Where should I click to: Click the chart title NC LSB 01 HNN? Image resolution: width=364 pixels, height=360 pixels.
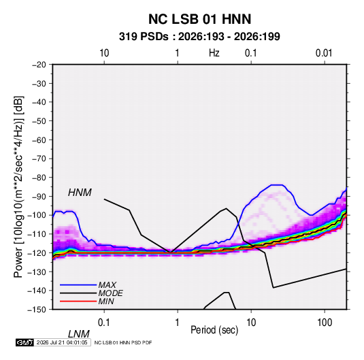(x=199, y=19)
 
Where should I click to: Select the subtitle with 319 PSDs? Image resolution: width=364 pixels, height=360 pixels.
(x=199, y=37)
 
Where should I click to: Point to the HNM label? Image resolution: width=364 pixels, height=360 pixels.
(x=80, y=193)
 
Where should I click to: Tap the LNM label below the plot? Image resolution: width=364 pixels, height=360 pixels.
(x=78, y=334)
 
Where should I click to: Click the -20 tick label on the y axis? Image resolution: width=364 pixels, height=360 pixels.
(x=39, y=65)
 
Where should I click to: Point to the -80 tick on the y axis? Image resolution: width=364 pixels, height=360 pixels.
(x=39, y=178)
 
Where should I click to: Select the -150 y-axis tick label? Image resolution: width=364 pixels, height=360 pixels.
(x=37, y=310)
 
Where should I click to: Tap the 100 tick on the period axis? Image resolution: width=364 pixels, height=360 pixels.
(x=325, y=323)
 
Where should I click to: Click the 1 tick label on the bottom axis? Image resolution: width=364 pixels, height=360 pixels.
(x=177, y=323)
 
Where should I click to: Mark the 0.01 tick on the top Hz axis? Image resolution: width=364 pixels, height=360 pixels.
(x=324, y=53)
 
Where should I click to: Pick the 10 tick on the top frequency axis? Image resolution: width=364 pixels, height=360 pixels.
(x=104, y=53)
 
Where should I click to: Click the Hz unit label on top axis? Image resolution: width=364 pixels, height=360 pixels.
(x=214, y=53)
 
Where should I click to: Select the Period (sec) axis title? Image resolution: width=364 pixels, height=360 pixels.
(x=214, y=330)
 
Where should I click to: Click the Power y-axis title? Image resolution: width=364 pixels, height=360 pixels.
(x=18, y=187)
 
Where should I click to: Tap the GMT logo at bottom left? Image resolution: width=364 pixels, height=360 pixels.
(x=25, y=342)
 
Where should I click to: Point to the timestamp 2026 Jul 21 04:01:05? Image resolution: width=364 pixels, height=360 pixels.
(x=62, y=342)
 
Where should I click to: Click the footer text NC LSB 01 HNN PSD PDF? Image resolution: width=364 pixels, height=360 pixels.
(x=123, y=342)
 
